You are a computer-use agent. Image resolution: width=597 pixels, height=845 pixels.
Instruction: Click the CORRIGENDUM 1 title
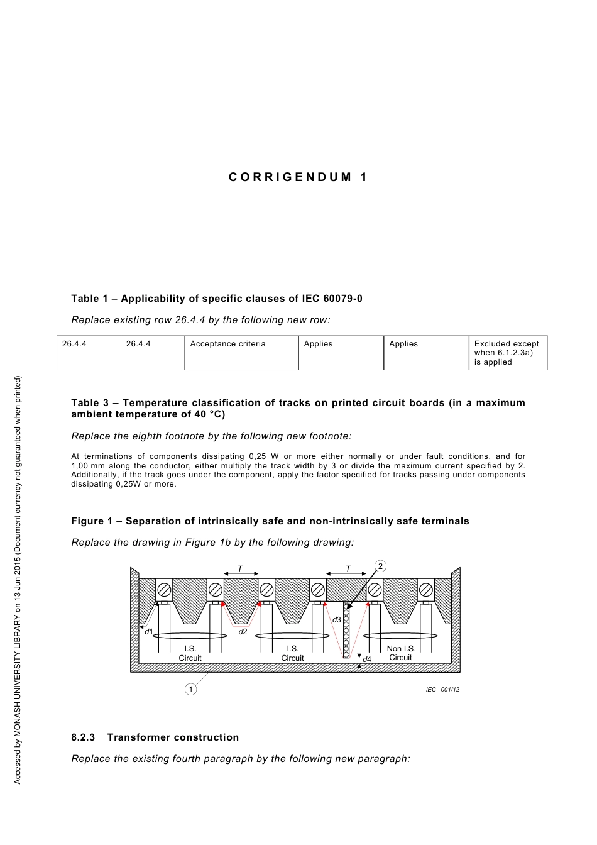click(x=298, y=177)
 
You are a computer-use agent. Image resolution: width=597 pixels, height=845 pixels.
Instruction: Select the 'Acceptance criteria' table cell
click(x=227, y=344)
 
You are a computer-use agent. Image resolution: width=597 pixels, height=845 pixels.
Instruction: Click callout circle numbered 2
click(x=380, y=566)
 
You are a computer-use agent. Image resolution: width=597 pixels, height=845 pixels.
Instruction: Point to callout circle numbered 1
click(x=190, y=689)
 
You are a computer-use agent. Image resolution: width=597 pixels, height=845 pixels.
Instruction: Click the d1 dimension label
click(x=149, y=631)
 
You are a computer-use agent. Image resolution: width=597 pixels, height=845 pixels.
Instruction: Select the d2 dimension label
click(x=243, y=631)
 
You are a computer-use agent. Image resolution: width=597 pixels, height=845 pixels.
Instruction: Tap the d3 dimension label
click(x=337, y=620)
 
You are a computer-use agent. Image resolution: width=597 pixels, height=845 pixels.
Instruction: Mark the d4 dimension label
click(x=367, y=659)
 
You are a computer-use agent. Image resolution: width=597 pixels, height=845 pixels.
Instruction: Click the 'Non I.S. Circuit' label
click(x=401, y=653)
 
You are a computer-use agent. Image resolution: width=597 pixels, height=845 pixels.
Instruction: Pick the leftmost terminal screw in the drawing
click(x=164, y=590)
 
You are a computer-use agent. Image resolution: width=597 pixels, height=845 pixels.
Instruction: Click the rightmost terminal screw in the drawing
click(x=426, y=590)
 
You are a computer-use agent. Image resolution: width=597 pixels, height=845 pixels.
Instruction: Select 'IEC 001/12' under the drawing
click(x=442, y=690)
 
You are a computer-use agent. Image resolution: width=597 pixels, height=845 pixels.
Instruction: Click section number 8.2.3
click(x=83, y=737)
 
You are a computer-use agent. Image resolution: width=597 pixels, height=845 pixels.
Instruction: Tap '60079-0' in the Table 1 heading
click(x=344, y=299)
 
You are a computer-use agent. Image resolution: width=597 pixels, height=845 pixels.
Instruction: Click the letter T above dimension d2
click(x=240, y=569)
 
